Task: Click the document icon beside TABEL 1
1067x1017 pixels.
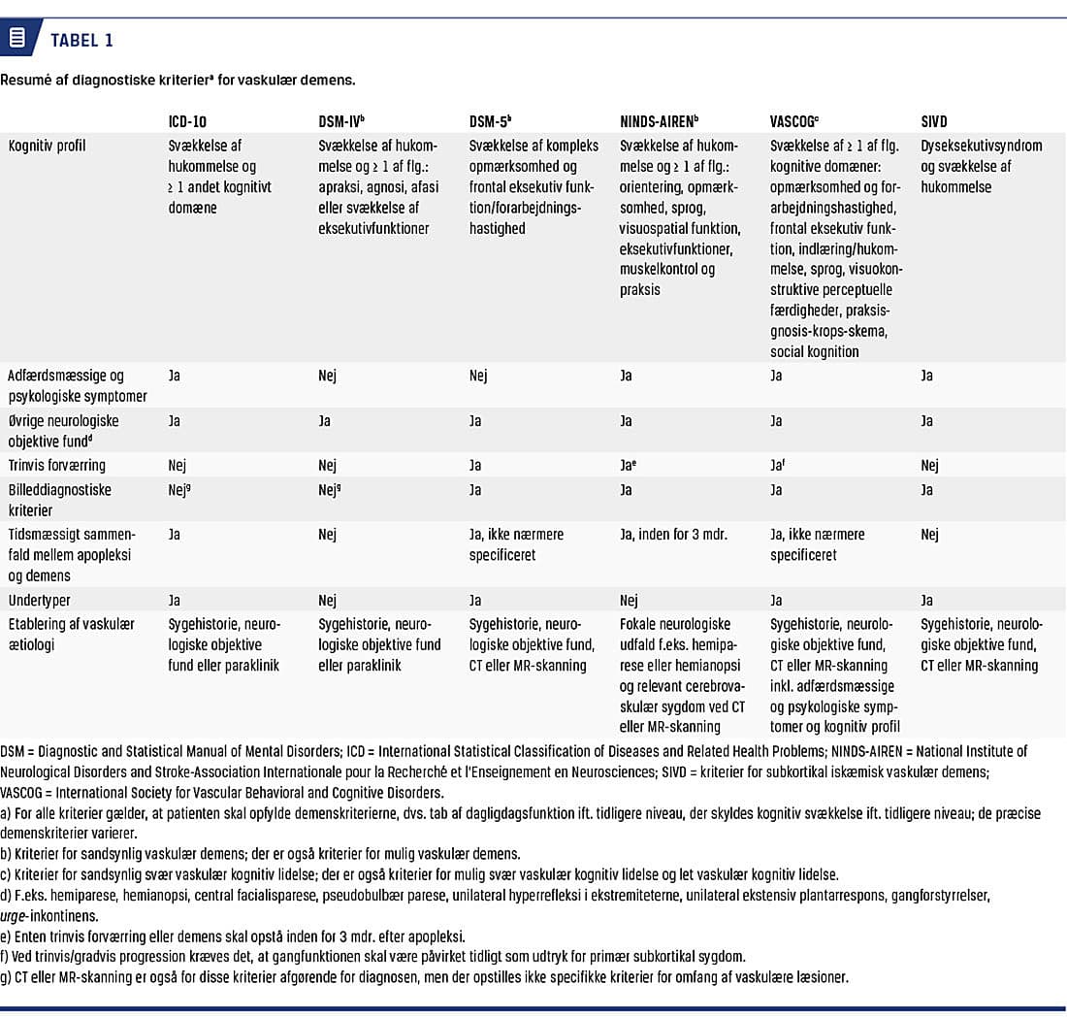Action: (x=16, y=39)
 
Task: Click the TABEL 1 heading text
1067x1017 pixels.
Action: (x=81, y=40)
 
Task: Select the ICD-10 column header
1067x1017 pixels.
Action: (x=187, y=122)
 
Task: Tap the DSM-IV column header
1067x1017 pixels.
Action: (x=340, y=122)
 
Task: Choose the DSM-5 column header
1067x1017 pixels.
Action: (x=490, y=122)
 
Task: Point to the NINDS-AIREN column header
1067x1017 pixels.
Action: (x=658, y=122)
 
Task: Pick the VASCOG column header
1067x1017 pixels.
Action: (x=794, y=122)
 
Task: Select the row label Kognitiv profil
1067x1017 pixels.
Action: (x=48, y=147)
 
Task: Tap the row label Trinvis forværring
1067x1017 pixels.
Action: (x=57, y=466)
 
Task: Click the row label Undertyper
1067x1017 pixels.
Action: (x=39, y=601)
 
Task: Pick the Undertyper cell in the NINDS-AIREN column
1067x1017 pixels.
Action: (x=629, y=601)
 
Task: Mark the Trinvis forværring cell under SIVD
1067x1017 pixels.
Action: (x=929, y=466)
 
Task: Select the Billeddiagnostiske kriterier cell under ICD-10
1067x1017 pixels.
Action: (x=180, y=490)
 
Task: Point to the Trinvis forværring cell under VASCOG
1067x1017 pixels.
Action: (x=778, y=466)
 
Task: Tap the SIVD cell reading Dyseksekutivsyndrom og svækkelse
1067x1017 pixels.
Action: (x=981, y=166)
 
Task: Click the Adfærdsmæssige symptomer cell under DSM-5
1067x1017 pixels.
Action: (x=478, y=376)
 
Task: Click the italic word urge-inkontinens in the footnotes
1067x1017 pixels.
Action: (x=52, y=916)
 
